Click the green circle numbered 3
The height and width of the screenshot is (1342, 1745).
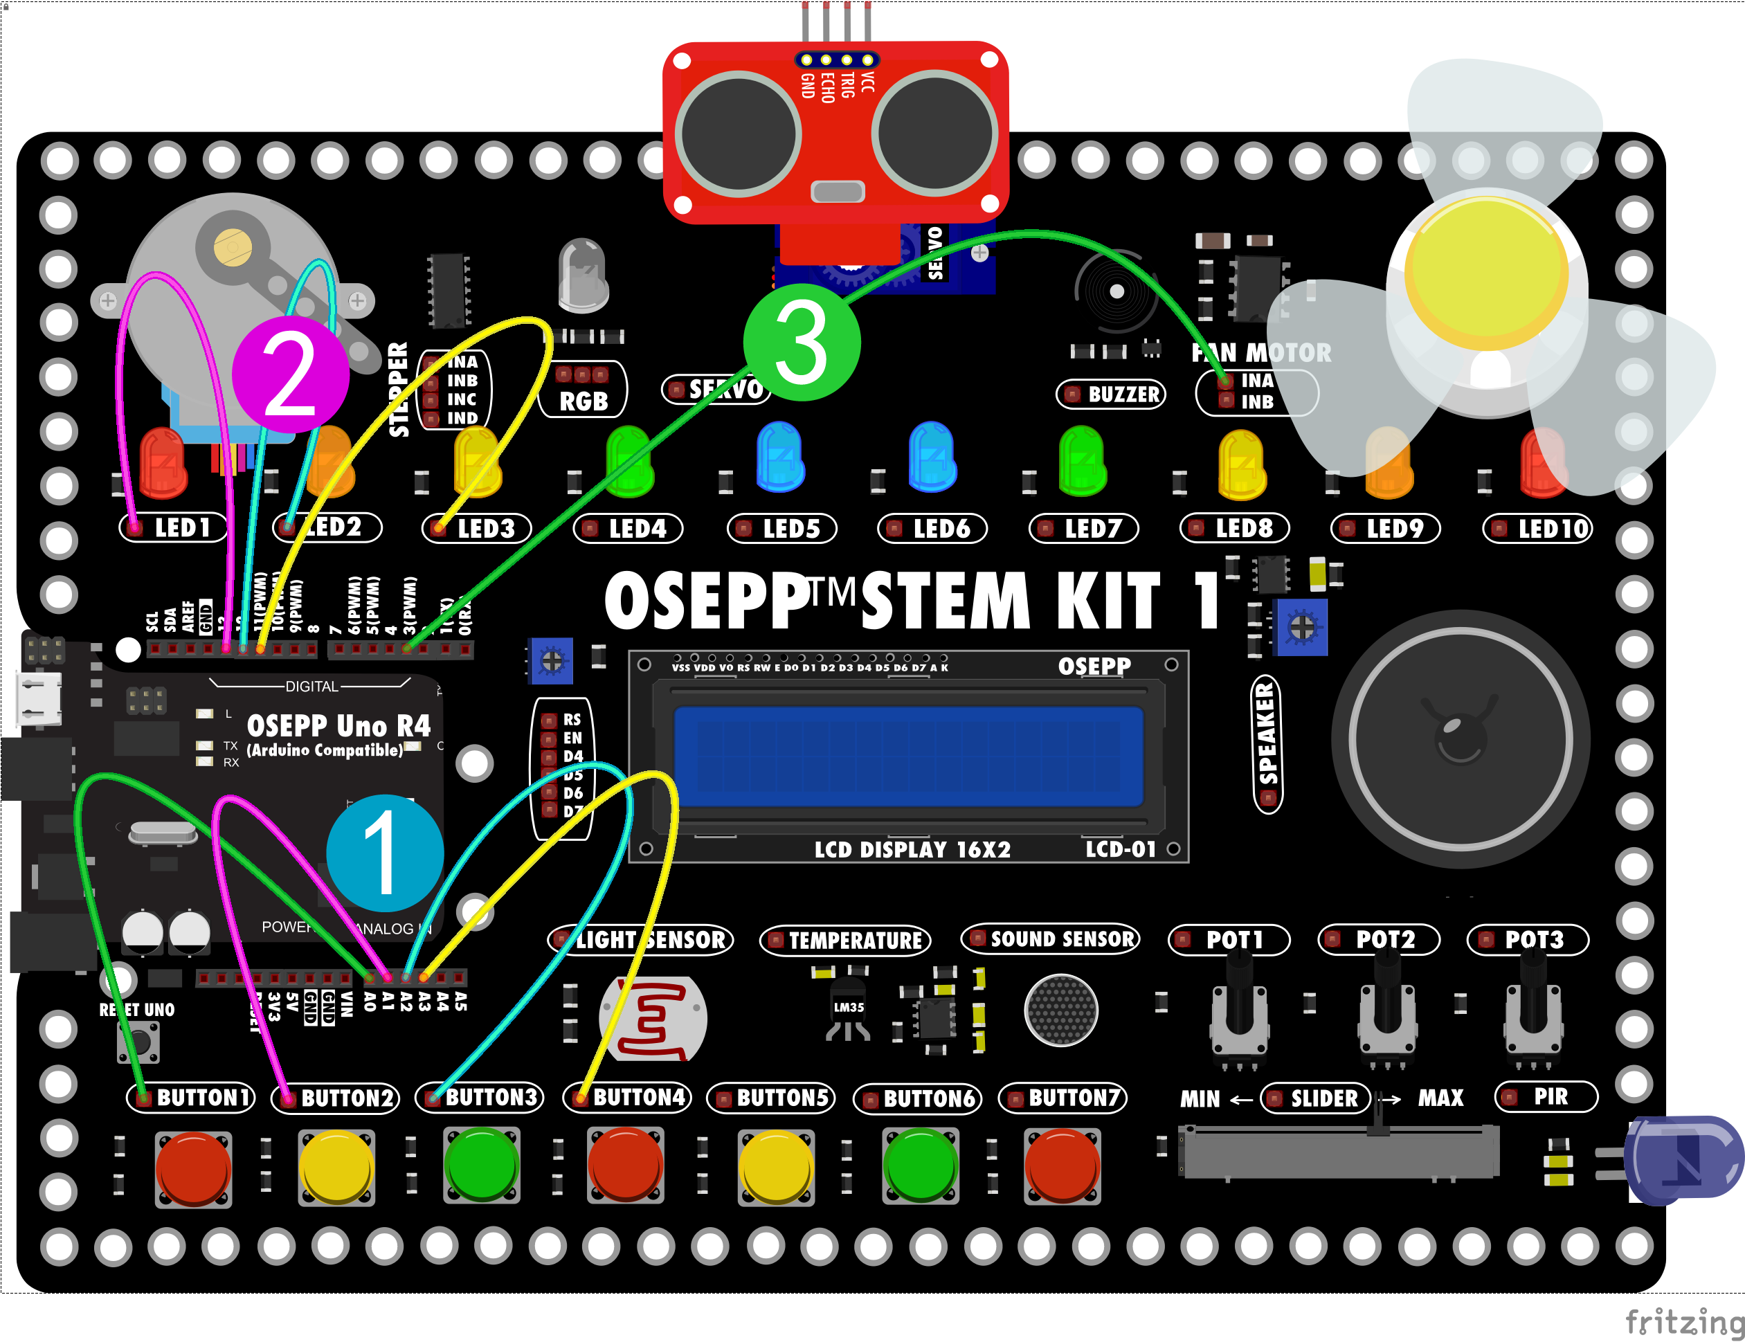pyautogui.click(x=802, y=343)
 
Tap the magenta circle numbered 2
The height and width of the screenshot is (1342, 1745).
pyautogui.click(x=291, y=374)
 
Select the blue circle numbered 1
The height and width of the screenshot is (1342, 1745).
pyautogui.click(x=385, y=853)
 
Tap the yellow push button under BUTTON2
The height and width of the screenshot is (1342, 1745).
pyautogui.click(x=336, y=1166)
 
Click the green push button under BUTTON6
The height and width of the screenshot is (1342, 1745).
pyautogui.click(x=921, y=1166)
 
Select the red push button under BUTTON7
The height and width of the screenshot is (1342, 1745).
pyautogui.click(x=1062, y=1166)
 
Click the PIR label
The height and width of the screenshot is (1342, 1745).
pyautogui.click(x=1547, y=1097)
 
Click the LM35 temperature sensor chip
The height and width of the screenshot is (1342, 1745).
pyautogui.click(x=848, y=1009)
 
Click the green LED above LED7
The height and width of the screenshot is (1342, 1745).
pyautogui.click(x=1082, y=460)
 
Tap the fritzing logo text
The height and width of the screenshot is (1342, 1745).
pyautogui.click(x=1684, y=1321)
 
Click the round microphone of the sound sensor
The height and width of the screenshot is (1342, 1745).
pyautogui.click(x=1061, y=1010)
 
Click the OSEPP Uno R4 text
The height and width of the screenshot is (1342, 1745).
pyautogui.click(x=338, y=725)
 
